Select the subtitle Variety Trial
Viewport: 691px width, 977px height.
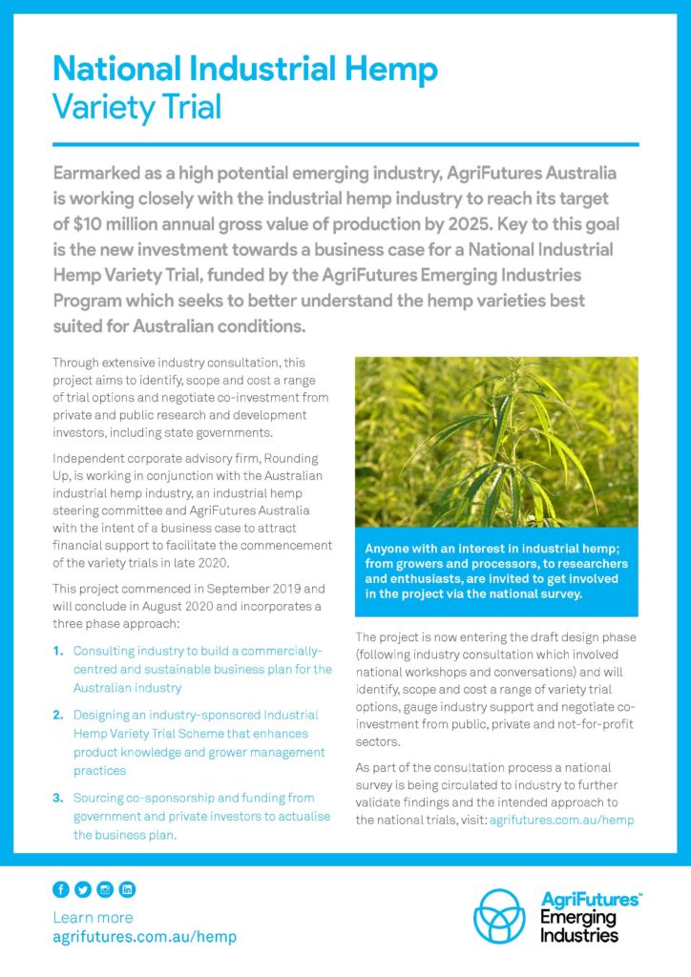click(136, 106)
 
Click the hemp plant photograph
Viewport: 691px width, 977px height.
click(496, 441)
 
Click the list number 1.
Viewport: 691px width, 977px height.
click(58, 652)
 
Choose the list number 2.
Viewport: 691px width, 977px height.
click(58, 715)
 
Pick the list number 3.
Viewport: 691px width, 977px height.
click(58, 798)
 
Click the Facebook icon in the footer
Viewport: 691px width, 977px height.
click(61, 889)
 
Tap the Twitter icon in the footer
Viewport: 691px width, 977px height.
click(83, 889)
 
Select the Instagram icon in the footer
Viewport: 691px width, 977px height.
click(105, 889)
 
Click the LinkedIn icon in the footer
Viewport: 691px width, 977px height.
click(127, 889)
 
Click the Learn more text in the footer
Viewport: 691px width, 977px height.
click(94, 917)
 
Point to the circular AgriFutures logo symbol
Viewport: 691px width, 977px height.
click(502, 917)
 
